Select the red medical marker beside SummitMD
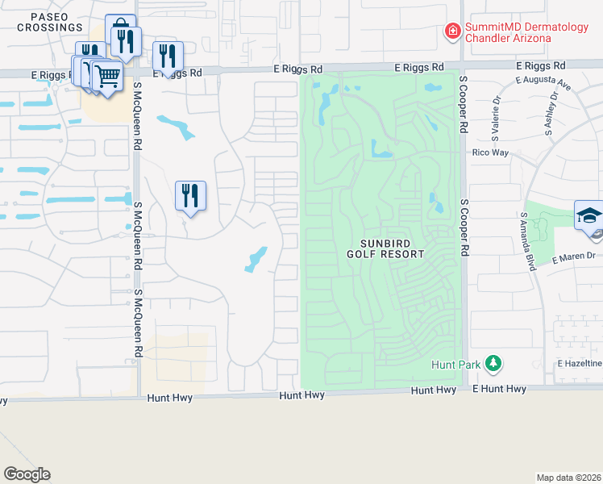[x=453, y=32]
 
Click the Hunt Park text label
[x=455, y=365]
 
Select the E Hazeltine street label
[x=580, y=365]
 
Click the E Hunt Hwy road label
[x=499, y=389]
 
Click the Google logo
[x=27, y=474]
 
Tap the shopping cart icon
[x=107, y=77]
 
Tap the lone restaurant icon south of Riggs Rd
[x=190, y=196]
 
